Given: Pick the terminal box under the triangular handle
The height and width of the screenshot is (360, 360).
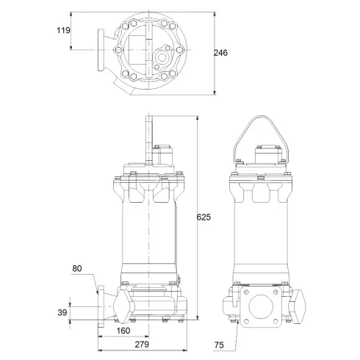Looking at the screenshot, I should click(x=267, y=156).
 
